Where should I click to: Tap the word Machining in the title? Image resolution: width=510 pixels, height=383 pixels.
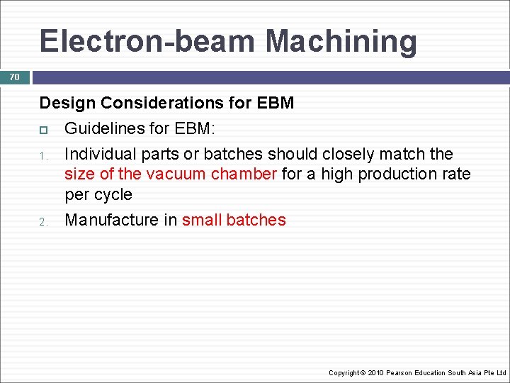(x=341, y=41)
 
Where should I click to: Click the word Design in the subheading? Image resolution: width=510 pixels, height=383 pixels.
(x=67, y=103)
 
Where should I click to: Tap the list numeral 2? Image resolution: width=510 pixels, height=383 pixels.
(x=42, y=221)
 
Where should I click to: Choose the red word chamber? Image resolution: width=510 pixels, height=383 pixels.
(x=244, y=174)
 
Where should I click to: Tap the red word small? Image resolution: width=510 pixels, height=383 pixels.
(x=201, y=220)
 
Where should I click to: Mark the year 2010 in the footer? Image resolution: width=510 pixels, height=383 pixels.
(x=375, y=372)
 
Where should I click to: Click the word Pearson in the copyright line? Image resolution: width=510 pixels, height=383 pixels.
(x=401, y=372)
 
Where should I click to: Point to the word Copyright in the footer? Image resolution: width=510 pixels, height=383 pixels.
(x=344, y=372)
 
